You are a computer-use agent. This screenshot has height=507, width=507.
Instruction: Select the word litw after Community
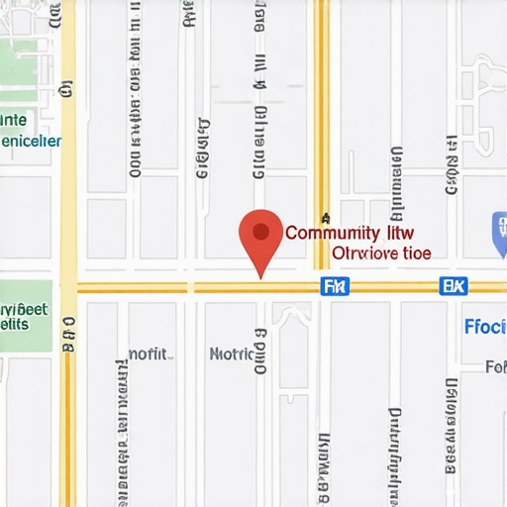(x=399, y=234)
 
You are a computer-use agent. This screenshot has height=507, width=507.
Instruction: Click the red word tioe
(x=418, y=253)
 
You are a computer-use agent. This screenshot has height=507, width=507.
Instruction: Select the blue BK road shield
(x=453, y=287)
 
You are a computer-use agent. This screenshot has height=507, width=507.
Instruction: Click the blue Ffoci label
(x=485, y=327)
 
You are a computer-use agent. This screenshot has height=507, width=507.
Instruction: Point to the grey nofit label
(x=149, y=354)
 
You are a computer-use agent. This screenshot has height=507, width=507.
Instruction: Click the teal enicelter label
(x=30, y=142)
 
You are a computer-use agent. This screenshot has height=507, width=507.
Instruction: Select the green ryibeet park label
(x=24, y=308)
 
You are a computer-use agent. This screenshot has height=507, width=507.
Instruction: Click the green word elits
(x=14, y=324)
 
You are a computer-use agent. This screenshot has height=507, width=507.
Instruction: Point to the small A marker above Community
(x=325, y=218)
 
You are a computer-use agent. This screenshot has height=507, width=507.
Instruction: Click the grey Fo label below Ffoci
(x=495, y=367)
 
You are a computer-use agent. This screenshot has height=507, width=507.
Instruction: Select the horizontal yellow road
(x=198, y=287)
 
